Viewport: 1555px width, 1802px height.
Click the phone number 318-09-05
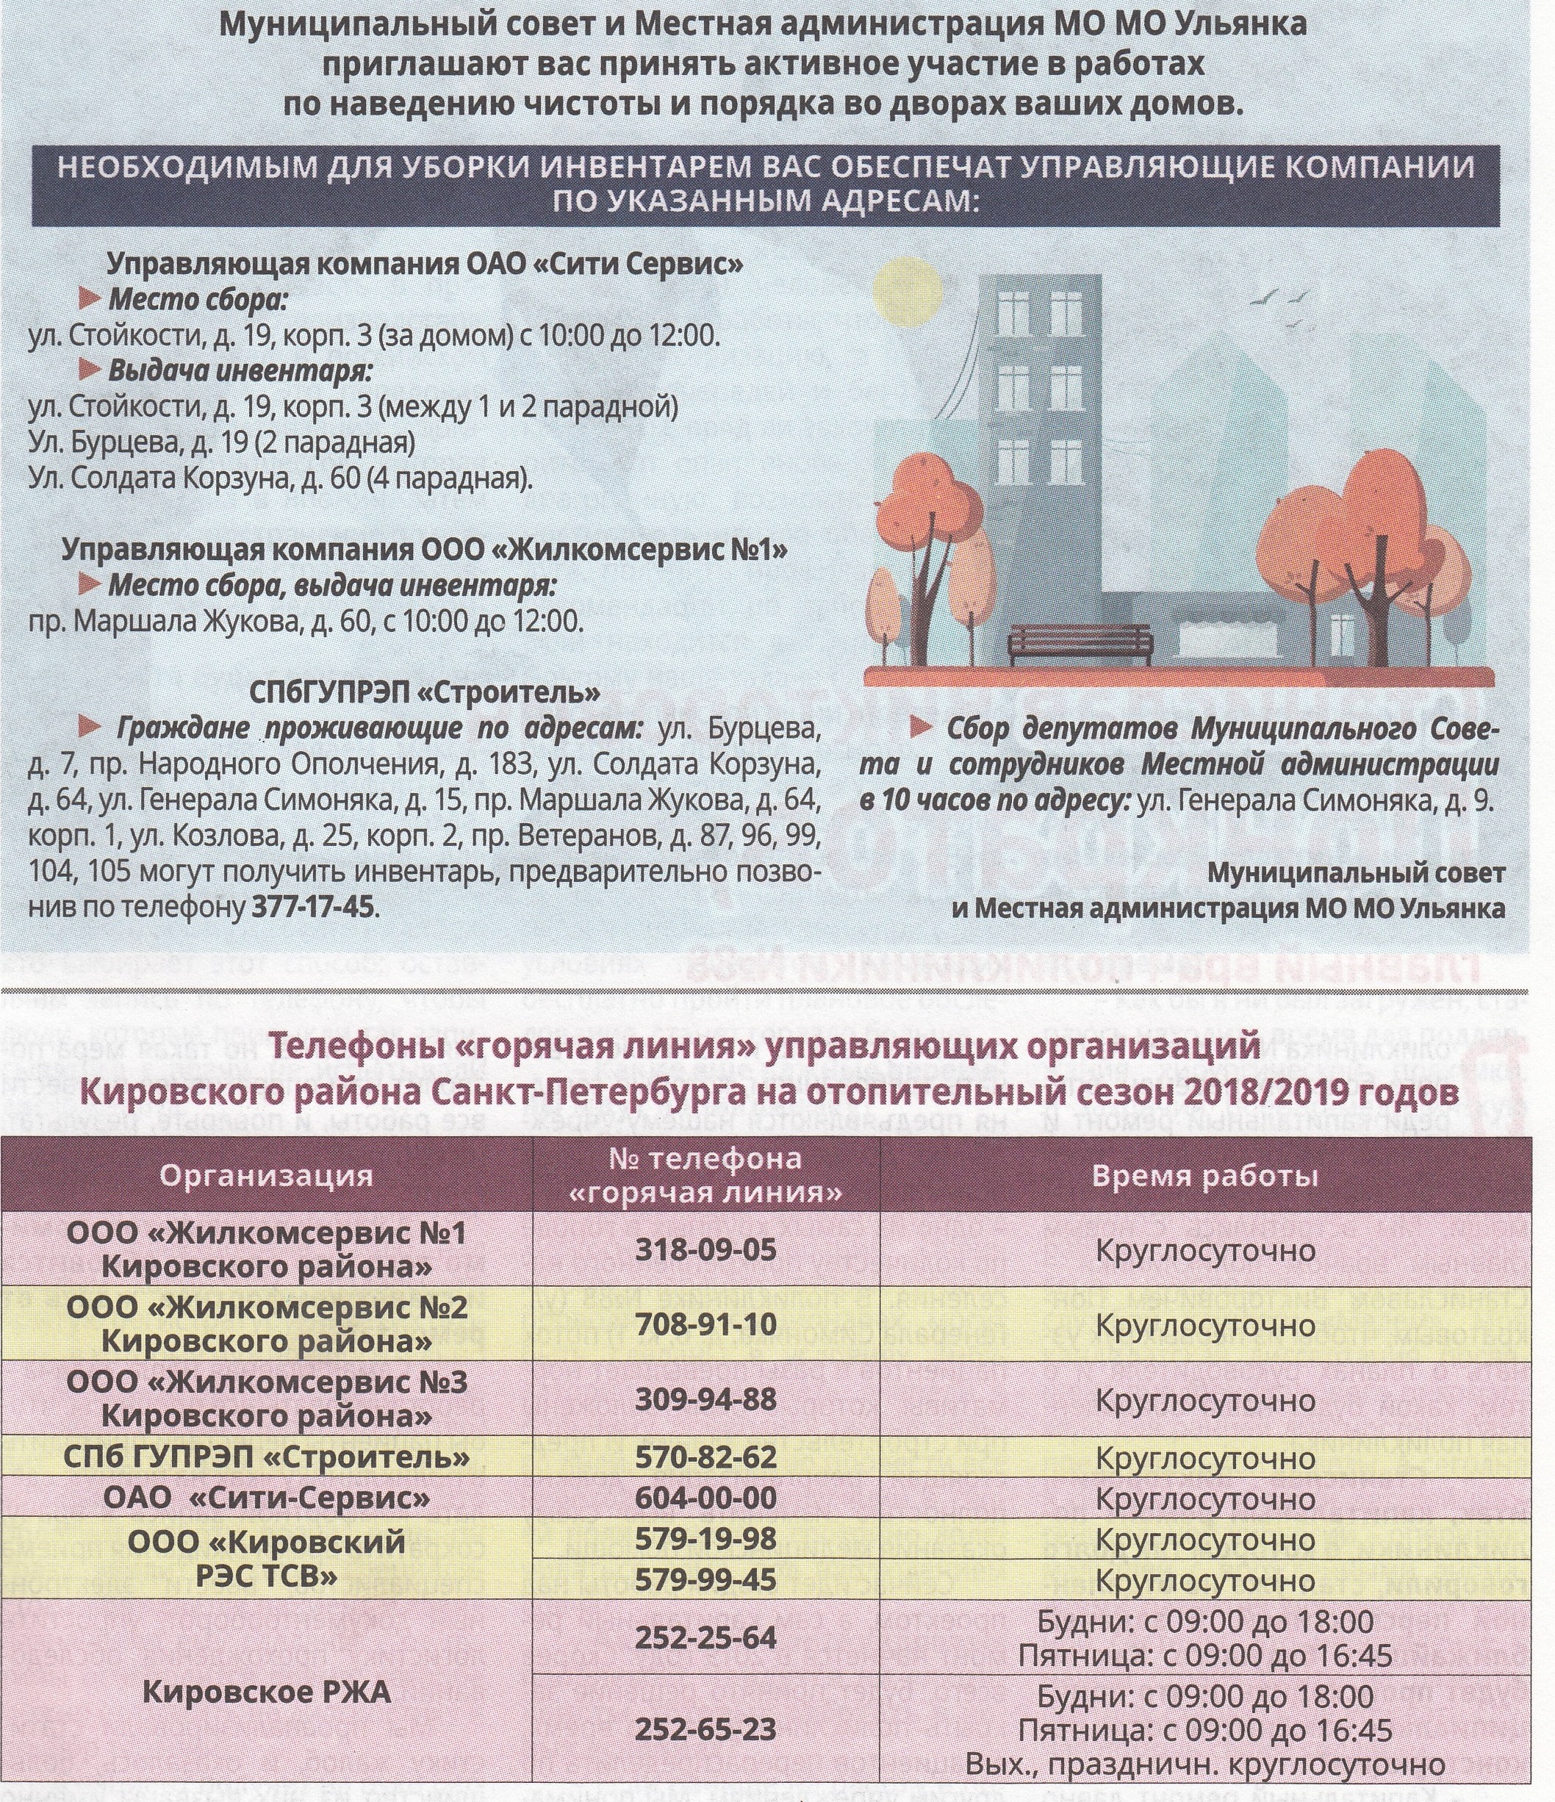tap(705, 1250)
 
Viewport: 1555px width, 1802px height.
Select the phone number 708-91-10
tap(705, 1324)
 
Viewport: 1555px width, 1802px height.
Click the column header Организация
tap(266, 1176)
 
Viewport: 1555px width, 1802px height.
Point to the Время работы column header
tap(1205, 1176)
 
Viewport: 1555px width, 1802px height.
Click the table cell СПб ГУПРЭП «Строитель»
tap(266, 1457)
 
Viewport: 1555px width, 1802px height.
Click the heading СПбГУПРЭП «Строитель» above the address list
tap(425, 692)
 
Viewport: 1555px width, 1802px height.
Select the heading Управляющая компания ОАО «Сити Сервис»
tap(425, 264)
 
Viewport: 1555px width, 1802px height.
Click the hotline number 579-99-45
tap(705, 1579)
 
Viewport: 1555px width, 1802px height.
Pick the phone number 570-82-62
tap(705, 1457)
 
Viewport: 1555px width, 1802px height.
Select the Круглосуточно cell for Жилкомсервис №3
tap(1205, 1401)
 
